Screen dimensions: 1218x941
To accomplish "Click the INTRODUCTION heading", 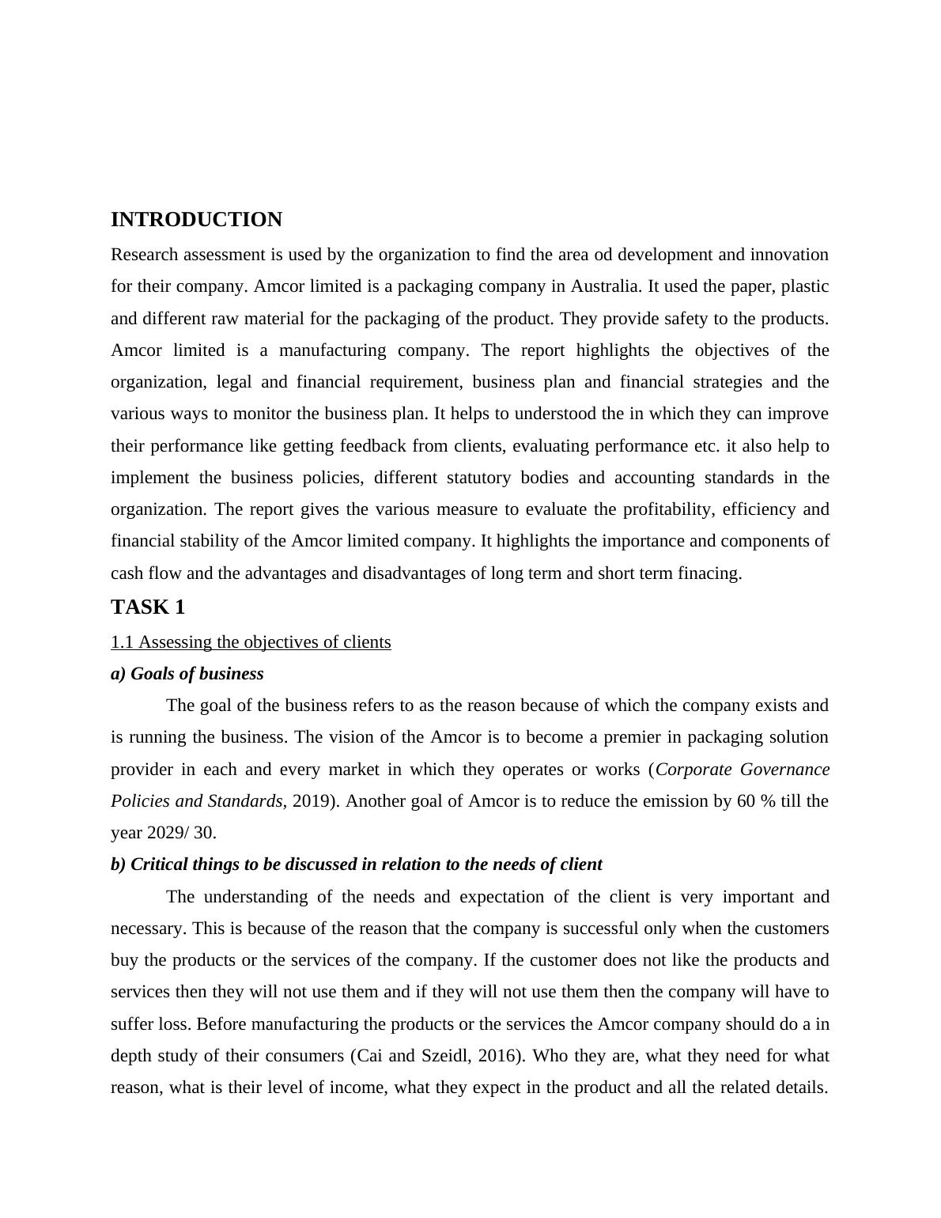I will tap(196, 220).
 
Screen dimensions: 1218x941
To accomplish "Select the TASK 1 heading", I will tap(148, 607).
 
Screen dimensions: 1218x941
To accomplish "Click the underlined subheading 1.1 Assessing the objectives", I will tap(251, 641).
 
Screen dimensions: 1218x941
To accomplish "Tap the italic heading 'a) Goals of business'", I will tap(187, 673).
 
